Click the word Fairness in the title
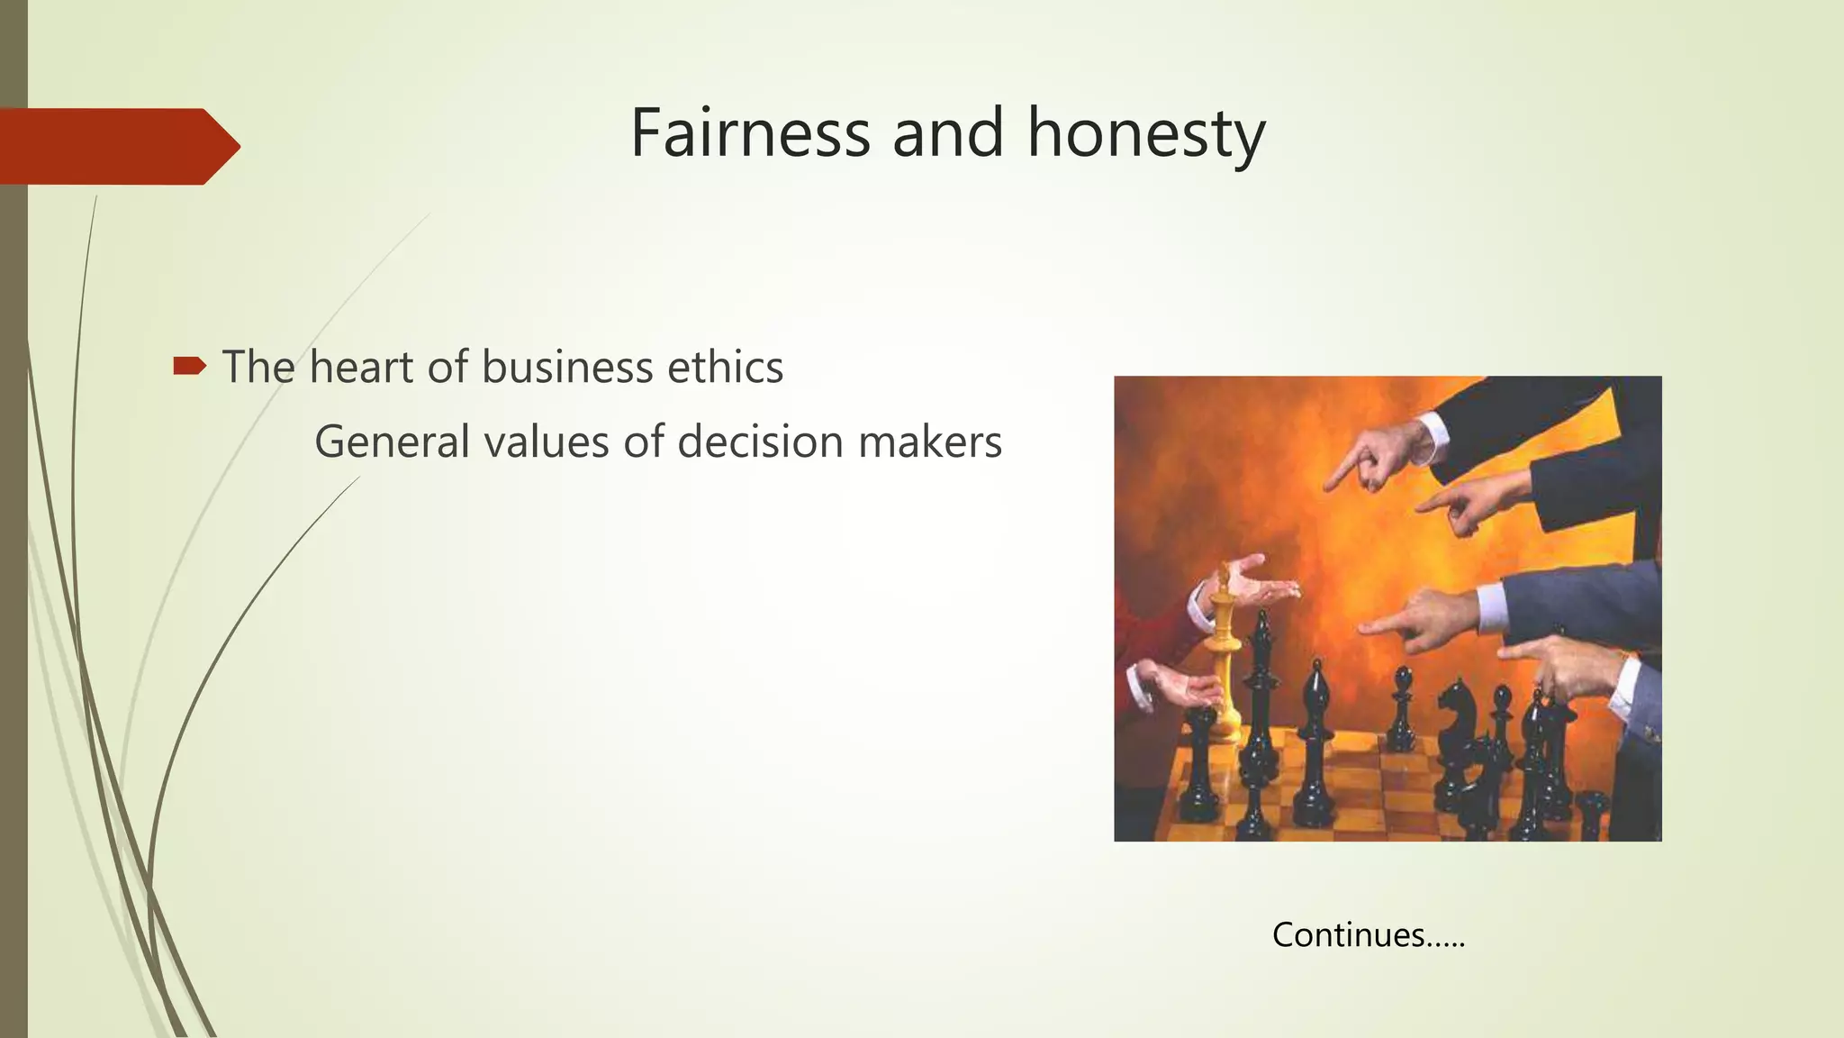[x=750, y=133]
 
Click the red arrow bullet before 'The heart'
[x=189, y=365]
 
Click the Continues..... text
[x=1369, y=934]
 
